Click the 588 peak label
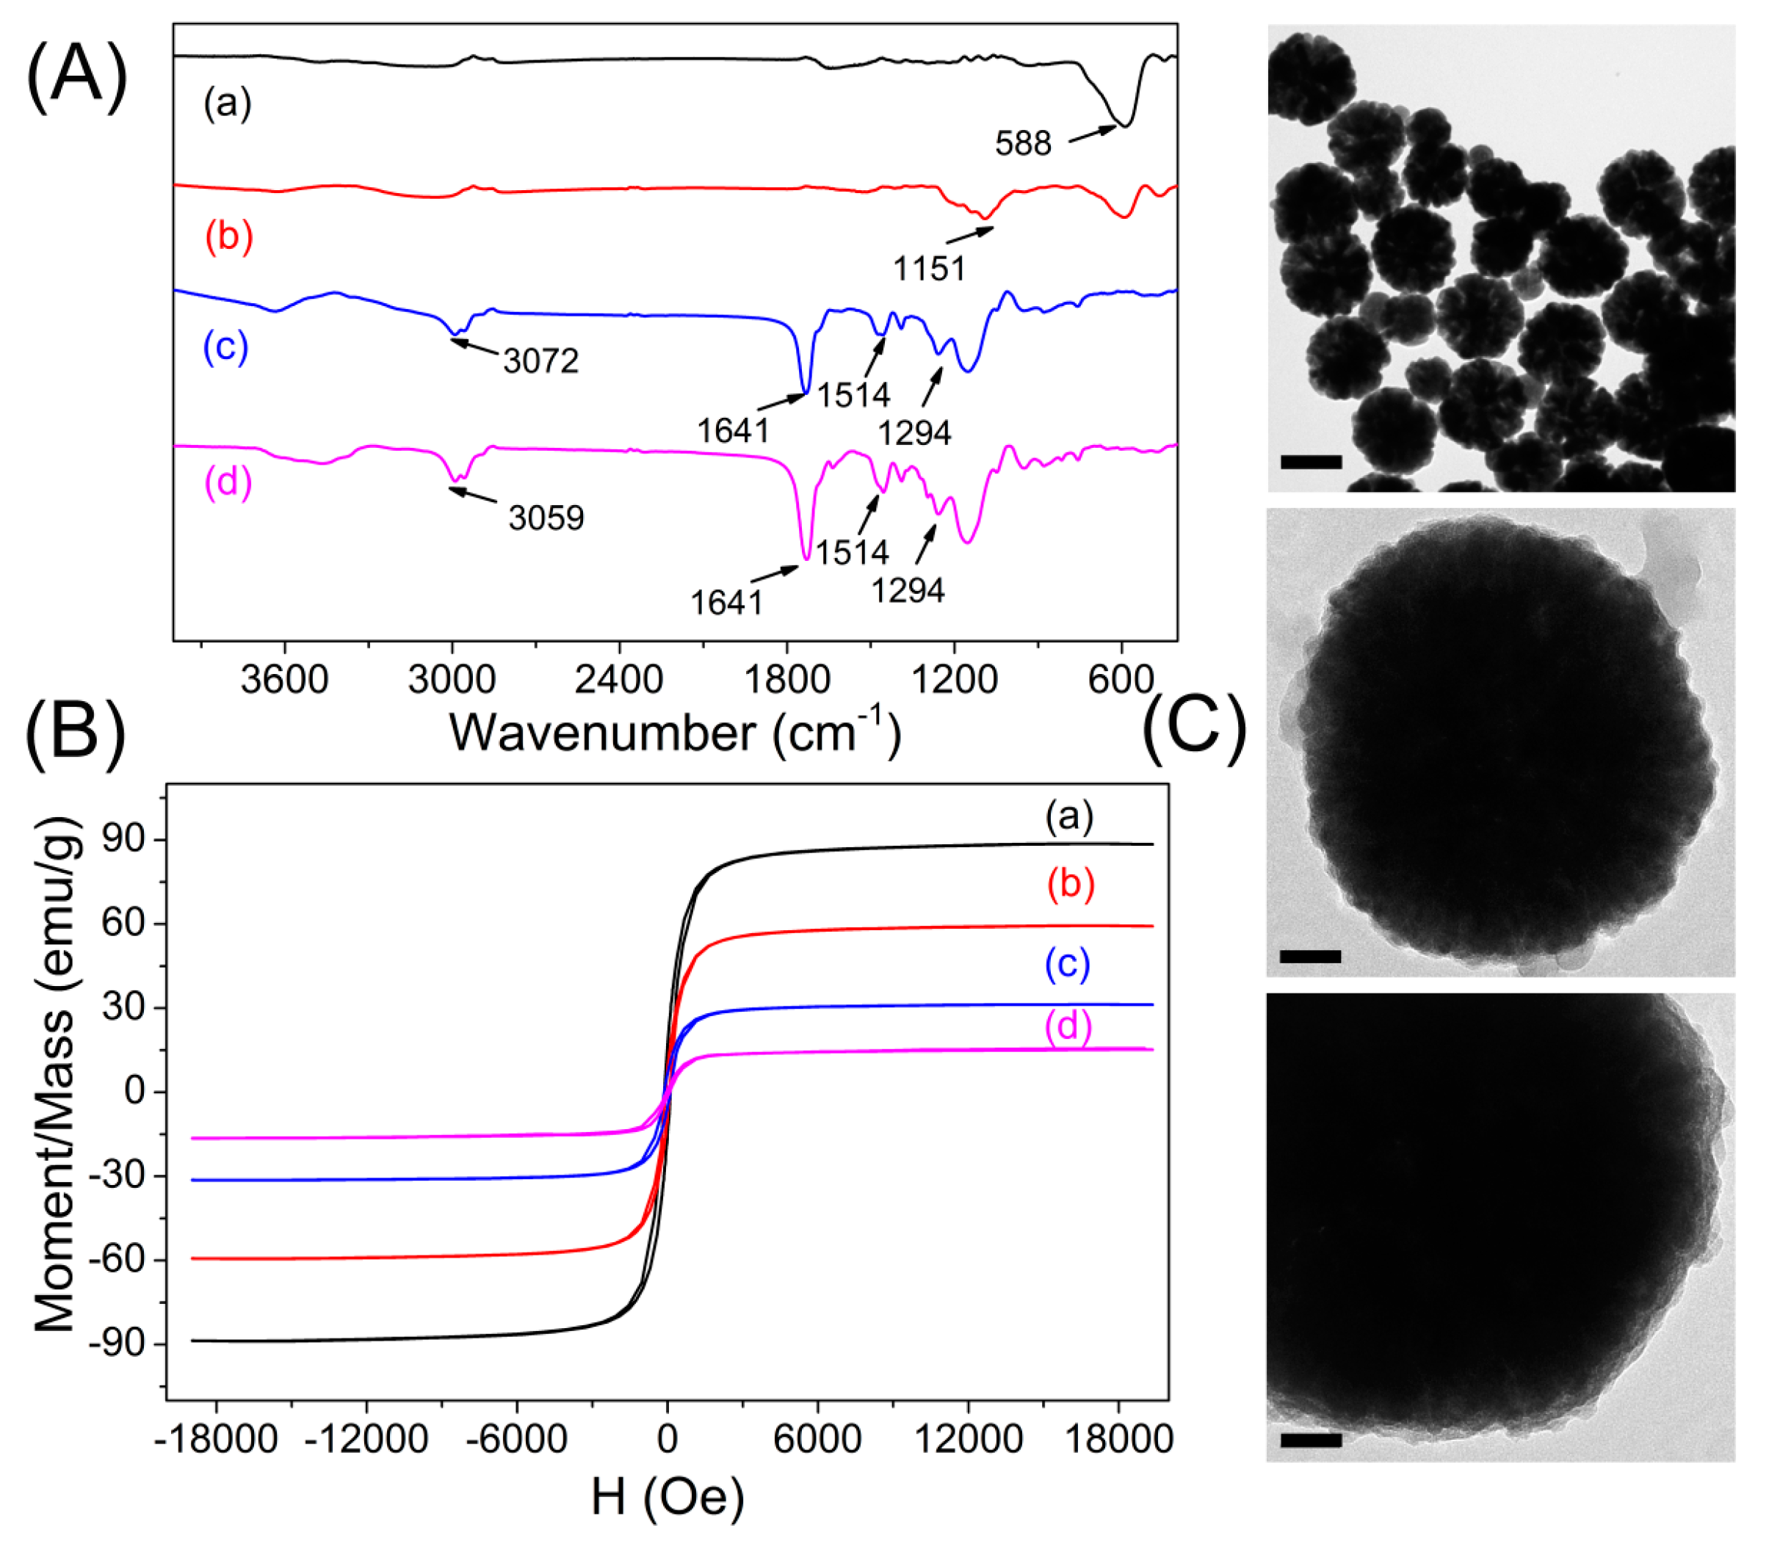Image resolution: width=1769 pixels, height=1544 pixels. (1023, 144)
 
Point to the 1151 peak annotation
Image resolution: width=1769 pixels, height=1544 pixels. (929, 269)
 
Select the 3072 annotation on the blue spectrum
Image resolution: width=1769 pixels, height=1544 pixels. (541, 361)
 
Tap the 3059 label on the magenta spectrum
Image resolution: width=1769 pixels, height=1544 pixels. (546, 518)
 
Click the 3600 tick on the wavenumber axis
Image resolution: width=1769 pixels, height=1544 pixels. (284, 680)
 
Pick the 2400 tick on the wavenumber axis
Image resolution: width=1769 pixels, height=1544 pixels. (619, 680)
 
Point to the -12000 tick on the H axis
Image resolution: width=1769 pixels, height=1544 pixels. (367, 1439)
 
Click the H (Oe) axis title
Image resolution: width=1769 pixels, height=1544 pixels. (668, 1499)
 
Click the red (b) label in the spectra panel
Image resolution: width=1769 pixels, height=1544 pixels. (228, 236)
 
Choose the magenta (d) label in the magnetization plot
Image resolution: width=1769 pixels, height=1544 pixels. (1068, 1027)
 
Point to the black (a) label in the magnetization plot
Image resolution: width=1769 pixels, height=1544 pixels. (1069, 815)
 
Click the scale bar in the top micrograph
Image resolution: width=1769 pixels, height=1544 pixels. (1312, 463)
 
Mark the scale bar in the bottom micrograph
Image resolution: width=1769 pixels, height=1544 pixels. (1312, 1440)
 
